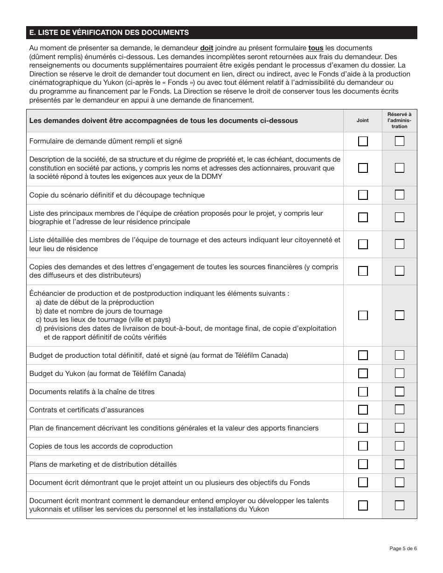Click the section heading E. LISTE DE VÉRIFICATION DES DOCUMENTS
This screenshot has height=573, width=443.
click(x=109, y=33)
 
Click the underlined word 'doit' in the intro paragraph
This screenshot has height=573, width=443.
click(x=207, y=48)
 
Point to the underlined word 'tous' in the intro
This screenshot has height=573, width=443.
click(x=316, y=48)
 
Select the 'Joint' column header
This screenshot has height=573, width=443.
click(x=362, y=120)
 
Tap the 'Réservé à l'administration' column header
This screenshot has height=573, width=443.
click(x=399, y=120)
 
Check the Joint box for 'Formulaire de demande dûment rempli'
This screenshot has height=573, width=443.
click(x=363, y=141)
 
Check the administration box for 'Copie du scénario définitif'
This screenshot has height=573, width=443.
click(x=399, y=195)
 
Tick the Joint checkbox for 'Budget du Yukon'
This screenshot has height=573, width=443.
click(x=363, y=374)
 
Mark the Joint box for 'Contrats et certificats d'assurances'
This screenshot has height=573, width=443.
click(x=363, y=410)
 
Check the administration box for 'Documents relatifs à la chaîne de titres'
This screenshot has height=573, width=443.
click(x=399, y=392)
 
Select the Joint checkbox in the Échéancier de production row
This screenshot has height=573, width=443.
click(x=363, y=315)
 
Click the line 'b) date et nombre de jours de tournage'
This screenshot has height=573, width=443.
click(x=99, y=311)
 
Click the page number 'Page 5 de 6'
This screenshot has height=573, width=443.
click(x=403, y=548)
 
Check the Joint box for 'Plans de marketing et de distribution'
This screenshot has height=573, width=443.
click(x=363, y=464)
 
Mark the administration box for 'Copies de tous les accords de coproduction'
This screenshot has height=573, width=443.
click(x=399, y=446)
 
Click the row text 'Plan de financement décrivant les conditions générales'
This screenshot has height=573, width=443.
click(x=174, y=428)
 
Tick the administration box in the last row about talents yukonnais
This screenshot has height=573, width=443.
click(x=399, y=505)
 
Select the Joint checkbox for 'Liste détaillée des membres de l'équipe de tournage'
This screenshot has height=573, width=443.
click(x=363, y=244)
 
